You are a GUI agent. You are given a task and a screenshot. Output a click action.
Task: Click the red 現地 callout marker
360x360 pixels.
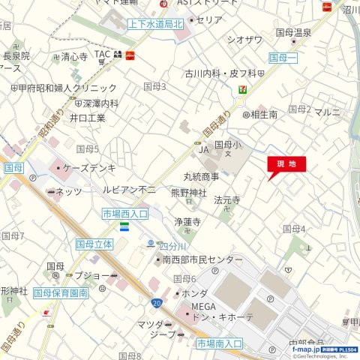tap(286, 164)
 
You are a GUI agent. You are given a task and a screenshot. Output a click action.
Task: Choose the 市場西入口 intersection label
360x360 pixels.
tap(125, 214)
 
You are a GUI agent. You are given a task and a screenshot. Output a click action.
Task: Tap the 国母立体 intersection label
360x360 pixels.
tap(94, 244)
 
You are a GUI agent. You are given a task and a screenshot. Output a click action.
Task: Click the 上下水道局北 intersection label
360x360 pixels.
tap(155, 24)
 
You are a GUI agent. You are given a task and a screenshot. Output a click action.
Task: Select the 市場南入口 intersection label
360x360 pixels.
tap(220, 343)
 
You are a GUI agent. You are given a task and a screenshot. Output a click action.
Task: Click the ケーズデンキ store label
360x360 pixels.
tap(88, 168)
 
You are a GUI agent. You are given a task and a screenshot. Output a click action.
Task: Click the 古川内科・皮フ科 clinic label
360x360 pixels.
tap(220, 73)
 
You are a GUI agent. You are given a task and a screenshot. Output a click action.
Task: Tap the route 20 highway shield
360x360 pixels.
tap(155, 302)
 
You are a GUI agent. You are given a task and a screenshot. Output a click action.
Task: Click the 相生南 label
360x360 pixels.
tap(264, 114)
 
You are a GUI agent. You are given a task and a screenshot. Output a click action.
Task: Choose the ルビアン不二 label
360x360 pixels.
tap(129, 189)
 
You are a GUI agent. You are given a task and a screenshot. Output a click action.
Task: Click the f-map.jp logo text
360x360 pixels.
tap(306, 349)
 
